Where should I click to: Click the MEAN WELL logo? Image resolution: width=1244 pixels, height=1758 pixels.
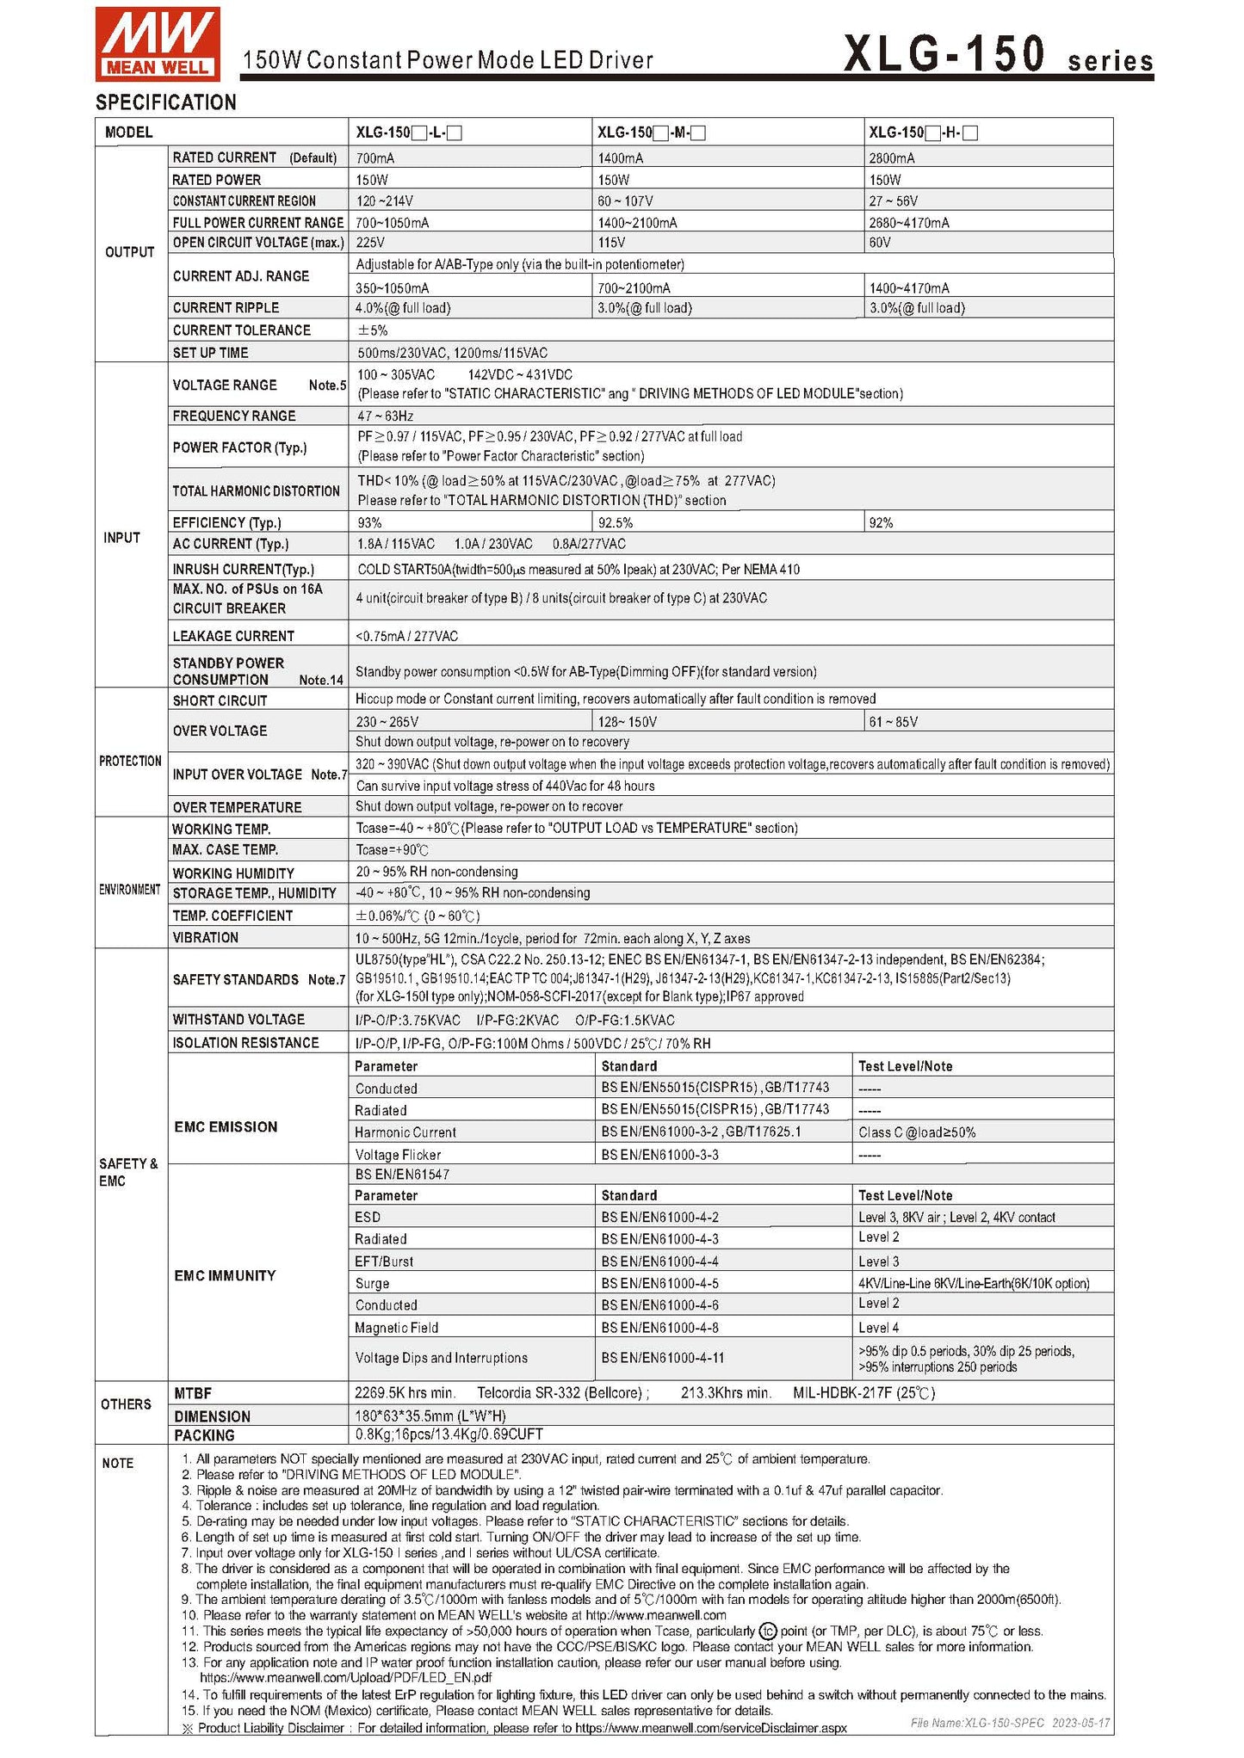tap(158, 43)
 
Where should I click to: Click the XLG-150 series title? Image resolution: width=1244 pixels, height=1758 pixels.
tap(997, 54)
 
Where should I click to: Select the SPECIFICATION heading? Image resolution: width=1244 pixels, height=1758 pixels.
tap(165, 102)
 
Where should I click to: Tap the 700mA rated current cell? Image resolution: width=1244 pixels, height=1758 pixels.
tap(375, 158)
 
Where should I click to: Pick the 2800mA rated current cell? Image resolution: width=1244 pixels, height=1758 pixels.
tap(892, 158)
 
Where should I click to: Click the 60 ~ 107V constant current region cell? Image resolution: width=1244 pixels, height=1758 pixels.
tap(625, 200)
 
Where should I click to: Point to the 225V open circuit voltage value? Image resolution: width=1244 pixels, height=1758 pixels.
tap(370, 243)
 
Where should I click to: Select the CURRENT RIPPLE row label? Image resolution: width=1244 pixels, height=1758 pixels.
tap(226, 308)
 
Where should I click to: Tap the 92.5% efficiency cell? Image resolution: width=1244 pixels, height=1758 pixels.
tap(616, 522)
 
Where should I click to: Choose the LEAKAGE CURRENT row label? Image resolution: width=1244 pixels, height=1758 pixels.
tap(233, 636)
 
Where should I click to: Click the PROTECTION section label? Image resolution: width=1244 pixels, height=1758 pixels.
tap(130, 761)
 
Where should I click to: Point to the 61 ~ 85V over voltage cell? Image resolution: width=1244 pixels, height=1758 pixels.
tap(893, 722)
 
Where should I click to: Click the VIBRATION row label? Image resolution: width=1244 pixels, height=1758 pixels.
tap(205, 938)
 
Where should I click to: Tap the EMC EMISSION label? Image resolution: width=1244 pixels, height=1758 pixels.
tap(226, 1127)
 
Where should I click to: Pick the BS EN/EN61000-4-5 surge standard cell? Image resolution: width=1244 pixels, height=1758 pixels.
tap(659, 1283)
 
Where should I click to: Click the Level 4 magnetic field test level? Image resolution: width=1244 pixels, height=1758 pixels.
tap(878, 1328)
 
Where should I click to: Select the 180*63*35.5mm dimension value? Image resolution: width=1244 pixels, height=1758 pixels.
tap(430, 1416)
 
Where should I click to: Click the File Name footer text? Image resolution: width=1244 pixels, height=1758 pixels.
tap(1010, 1723)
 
